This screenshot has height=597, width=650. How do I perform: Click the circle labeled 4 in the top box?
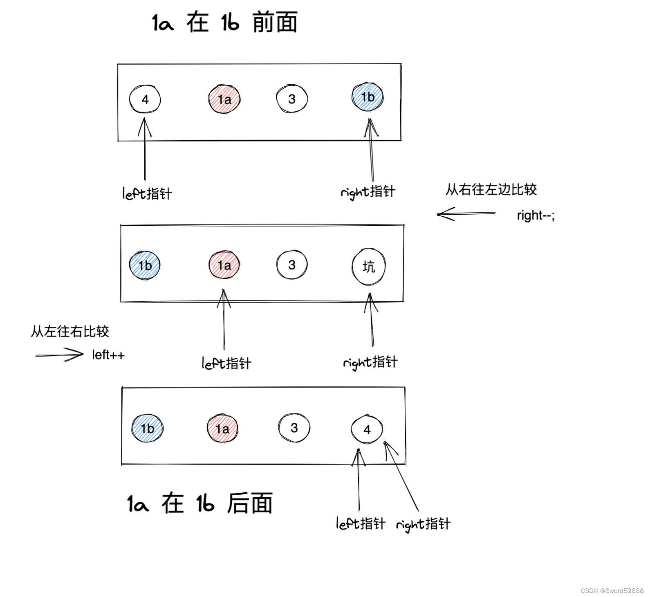145,99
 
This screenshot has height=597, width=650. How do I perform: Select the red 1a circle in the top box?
224,99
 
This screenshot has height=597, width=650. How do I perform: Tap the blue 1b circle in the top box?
368,97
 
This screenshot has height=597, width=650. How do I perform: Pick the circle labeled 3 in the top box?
291,99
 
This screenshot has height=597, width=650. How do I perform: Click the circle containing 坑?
368,267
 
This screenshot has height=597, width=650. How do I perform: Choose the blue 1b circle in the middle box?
145,266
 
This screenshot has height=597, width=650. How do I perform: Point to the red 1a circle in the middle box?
224,265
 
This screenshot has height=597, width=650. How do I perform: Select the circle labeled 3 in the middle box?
291,265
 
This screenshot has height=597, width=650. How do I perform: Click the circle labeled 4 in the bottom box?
367,429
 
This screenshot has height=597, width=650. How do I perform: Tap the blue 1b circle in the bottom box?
147,429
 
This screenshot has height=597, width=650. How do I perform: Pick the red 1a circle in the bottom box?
222,429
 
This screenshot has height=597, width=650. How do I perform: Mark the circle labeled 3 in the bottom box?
294,428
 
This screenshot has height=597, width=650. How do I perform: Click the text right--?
536,215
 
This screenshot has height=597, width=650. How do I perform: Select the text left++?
108,355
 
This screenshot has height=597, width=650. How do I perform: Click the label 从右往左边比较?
491,190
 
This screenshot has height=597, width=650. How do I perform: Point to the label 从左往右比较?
70,331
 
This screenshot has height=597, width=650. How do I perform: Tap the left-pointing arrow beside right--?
466,213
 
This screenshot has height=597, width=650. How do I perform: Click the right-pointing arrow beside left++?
60,355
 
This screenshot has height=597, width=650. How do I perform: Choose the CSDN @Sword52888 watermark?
612,590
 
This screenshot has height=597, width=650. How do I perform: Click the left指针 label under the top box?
147,193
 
